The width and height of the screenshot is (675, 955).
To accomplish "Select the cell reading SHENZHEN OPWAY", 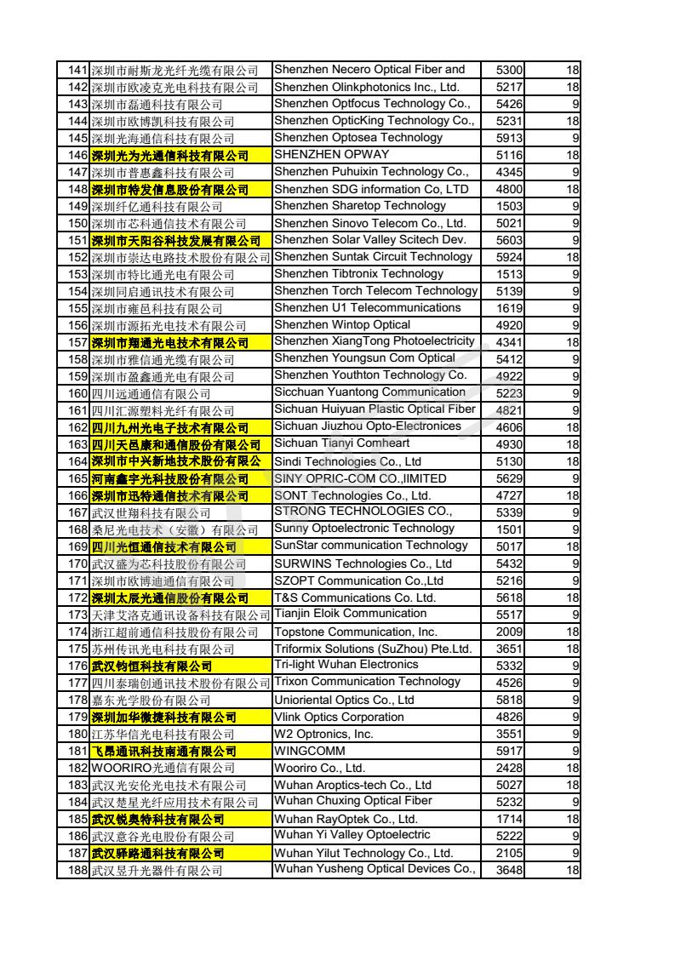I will tap(331, 154).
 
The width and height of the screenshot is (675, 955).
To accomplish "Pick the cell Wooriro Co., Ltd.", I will tap(318, 768).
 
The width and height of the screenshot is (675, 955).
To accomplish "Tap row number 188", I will tap(77, 870).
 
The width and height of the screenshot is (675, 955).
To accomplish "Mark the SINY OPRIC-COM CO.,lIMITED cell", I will tap(359, 478).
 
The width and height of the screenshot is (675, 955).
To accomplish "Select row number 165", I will tap(77, 478).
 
